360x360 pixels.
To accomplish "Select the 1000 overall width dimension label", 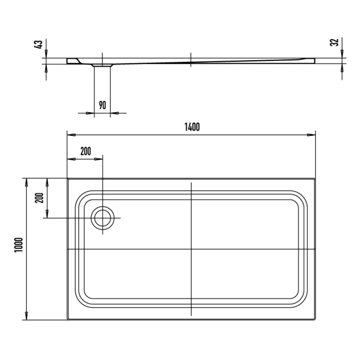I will coord(19,248).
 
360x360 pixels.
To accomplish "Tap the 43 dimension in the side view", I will coord(38,45).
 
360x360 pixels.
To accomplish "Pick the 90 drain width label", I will coord(102,105).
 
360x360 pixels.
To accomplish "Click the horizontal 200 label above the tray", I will coord(85,151).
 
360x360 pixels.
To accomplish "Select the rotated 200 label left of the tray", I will coord(38,198).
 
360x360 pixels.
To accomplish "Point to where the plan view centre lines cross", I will coord(191,249).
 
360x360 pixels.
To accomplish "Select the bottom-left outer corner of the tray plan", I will coord(67,320).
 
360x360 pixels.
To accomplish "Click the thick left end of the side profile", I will coord(71,61).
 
